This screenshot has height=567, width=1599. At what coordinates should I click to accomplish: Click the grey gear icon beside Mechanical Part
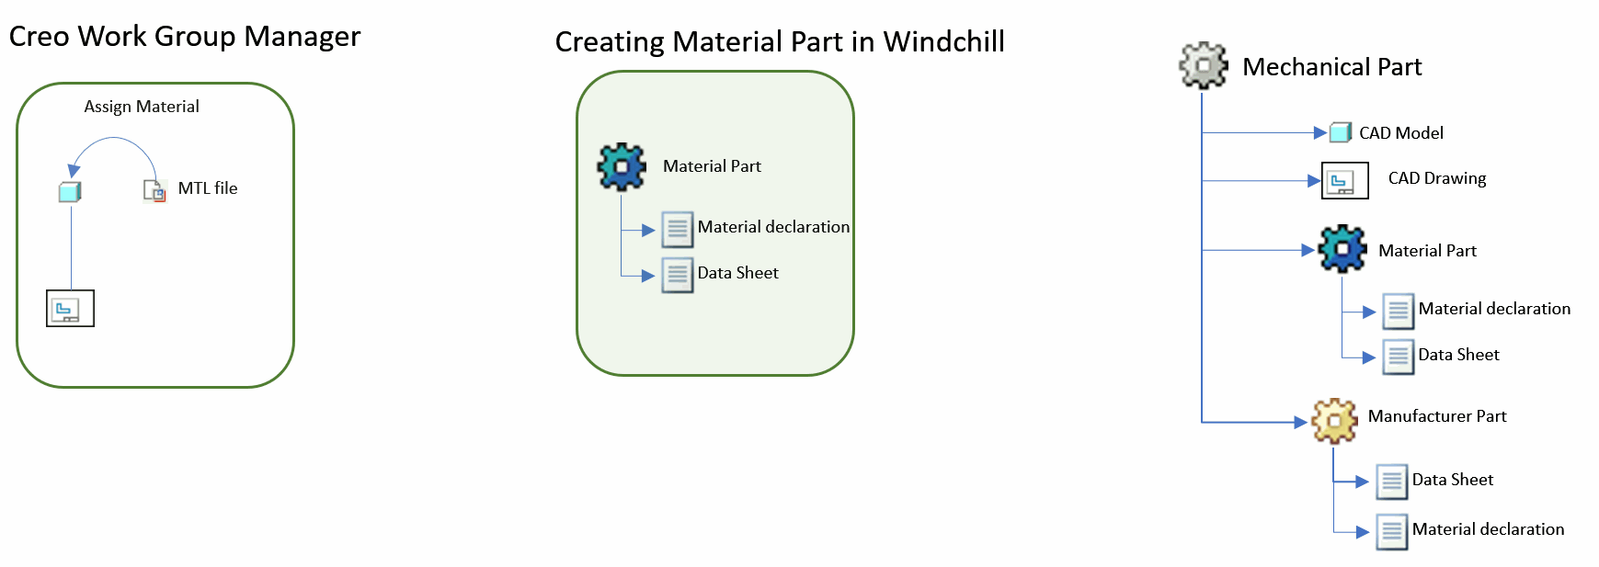coord(1204,65)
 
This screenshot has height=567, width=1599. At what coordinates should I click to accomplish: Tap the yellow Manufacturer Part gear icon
coord(1335,421)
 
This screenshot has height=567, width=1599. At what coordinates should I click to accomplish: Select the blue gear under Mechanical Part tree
coord(1342,249)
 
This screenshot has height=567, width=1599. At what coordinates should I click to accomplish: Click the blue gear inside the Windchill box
coord(622,166)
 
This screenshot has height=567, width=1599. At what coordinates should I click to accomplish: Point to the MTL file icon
coord(154,190)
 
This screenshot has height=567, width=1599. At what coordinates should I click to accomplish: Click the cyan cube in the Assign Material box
coord(70,191)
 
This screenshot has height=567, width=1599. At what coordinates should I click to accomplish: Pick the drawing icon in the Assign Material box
coord(70,309)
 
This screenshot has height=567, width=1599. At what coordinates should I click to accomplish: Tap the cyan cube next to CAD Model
coord(1341,132)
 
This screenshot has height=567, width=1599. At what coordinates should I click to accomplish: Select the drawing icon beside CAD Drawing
coord(1344,181)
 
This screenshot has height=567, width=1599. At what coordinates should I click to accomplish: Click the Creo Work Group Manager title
coord(185,36)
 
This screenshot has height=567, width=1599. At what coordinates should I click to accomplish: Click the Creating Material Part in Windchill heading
coord(780,41)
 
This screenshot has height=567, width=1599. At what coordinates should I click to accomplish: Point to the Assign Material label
coord(142,107)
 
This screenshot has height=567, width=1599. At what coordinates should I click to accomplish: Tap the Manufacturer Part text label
coord(1437,416)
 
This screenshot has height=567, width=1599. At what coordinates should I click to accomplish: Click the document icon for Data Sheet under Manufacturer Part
coord(1392,481)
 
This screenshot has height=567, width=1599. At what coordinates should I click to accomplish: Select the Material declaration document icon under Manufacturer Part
coord(1392,531)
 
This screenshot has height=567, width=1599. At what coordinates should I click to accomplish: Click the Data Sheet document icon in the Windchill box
coord(678,275)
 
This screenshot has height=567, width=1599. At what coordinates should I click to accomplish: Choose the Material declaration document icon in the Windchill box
coord(678,230)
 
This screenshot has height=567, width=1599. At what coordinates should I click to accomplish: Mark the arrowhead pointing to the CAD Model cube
coord(1321,133)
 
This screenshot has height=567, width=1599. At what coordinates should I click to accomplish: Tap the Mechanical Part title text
coord(1331,67)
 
